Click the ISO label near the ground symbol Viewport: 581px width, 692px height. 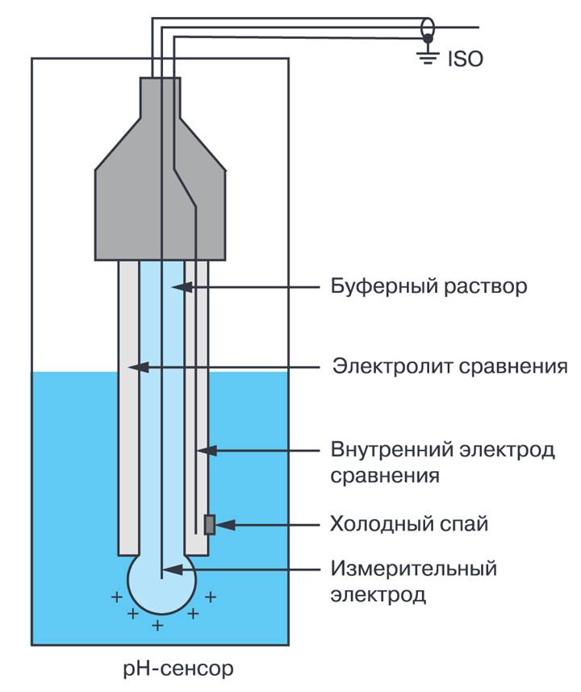(466, 59)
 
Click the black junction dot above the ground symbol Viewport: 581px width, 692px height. (428, 39)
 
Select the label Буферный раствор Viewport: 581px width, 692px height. (428, 287)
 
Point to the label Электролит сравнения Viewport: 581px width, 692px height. (450, 366)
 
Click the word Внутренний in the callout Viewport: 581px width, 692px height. (392, 450)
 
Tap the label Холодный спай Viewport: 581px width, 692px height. (409, 524)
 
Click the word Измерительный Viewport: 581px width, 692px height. (414, 569)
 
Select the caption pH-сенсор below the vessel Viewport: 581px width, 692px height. (178, 668)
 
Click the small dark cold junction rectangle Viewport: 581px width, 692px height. (210, 525)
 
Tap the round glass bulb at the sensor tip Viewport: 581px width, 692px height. (162, 582)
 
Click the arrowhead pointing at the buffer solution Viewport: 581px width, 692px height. (182, 287)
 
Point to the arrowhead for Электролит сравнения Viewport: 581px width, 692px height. (137, 366)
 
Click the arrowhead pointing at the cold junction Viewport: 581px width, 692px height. (225, 525)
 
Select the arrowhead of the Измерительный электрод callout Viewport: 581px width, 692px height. (173, 569)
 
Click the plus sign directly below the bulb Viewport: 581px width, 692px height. (157, 625)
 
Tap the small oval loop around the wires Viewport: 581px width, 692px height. (428, 30)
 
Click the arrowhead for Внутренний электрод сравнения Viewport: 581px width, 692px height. (207, 451)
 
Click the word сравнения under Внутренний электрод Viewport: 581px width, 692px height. (385, 476)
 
